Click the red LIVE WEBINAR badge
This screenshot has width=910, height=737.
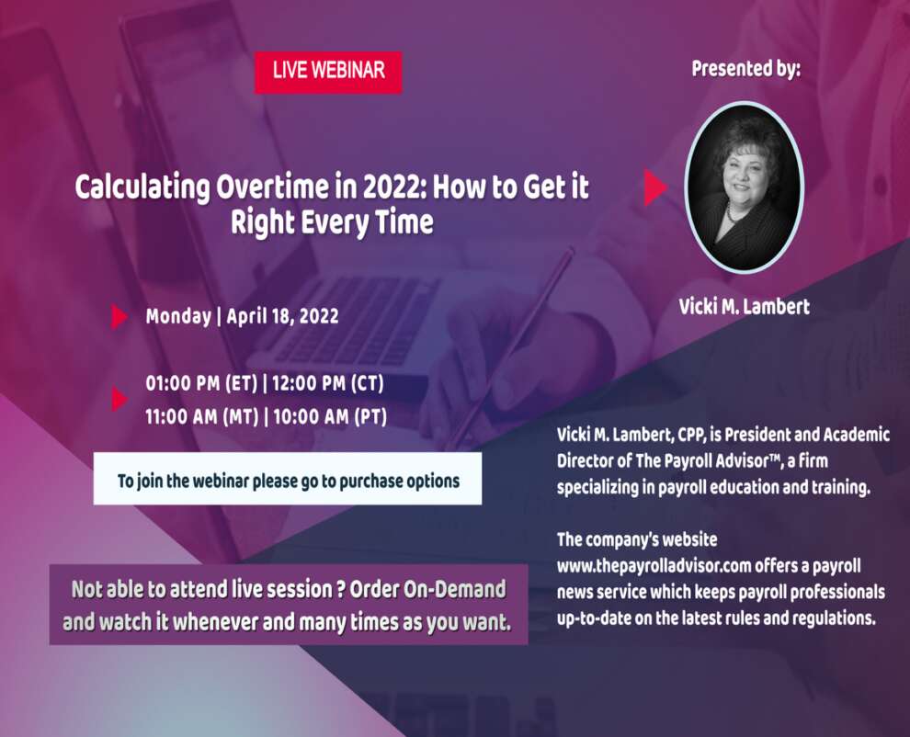pyautogui.click(x=328, y=72)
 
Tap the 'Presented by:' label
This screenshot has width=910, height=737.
pyautogui.click(x=745, y=69)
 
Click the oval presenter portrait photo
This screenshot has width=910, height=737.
pyautogui.click(x=744, y=187)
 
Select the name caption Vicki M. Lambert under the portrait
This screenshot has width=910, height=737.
pyautogui.click(x=744, y=306)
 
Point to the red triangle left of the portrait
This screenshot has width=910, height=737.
pyautogui.click(x=654, y=187)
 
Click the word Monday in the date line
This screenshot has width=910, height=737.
pyautogui.click(x=178, y=317)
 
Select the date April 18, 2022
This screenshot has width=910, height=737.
pyautogui.click(x=282, y=316)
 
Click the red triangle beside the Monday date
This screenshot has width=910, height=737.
pyautogui.click(x=119, y=317)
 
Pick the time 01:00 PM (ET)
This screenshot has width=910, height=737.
pyautogui.click(x=201, y=383)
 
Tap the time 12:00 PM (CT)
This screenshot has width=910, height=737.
pyautogui.click(x=328, y=383)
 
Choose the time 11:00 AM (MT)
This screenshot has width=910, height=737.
pyautogui.click(x=202, y=416)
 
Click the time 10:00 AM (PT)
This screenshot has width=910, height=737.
pyautogui.click(x=330, y=416)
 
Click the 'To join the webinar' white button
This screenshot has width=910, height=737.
pyautogui.click(x=288, y=479)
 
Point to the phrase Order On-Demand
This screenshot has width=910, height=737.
pyautogui.click(x=427, y=590)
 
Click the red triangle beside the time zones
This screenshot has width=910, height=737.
pyautogui.click(x=119, y=399)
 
